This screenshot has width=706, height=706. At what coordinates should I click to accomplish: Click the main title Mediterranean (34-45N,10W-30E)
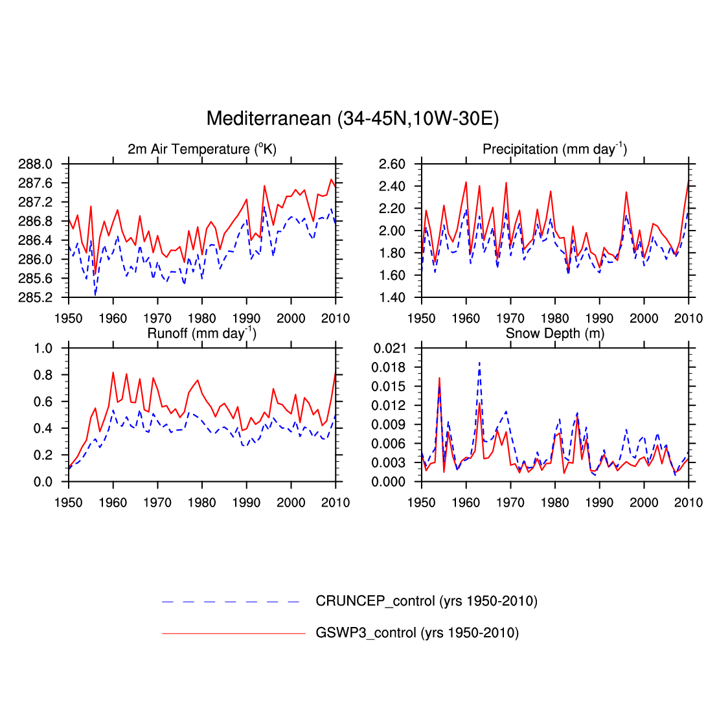[x=352, y=119]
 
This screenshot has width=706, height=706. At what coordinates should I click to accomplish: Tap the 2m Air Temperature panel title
[x=201, y=150]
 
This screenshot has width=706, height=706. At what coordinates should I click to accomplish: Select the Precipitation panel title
[x=554, y=150]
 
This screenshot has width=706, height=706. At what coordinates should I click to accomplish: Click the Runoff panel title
[x=201, y=334]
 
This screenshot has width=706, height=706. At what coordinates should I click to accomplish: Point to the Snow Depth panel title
[x=554, y=334]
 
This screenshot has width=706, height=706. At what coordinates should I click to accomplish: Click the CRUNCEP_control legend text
[x=426, y=602]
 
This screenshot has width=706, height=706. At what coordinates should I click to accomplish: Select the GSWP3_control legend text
[x=417, y=633]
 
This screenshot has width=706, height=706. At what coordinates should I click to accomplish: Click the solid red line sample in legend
[x=233, y=633]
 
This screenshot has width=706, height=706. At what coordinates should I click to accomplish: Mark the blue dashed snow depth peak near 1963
[x=479, y=363]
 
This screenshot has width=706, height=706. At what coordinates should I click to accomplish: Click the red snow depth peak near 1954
[x=439, y=378]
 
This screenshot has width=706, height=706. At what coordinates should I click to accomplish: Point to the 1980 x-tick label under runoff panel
[x=202, y=503]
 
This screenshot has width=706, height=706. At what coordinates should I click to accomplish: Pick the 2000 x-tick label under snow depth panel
[x=644, y=503]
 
